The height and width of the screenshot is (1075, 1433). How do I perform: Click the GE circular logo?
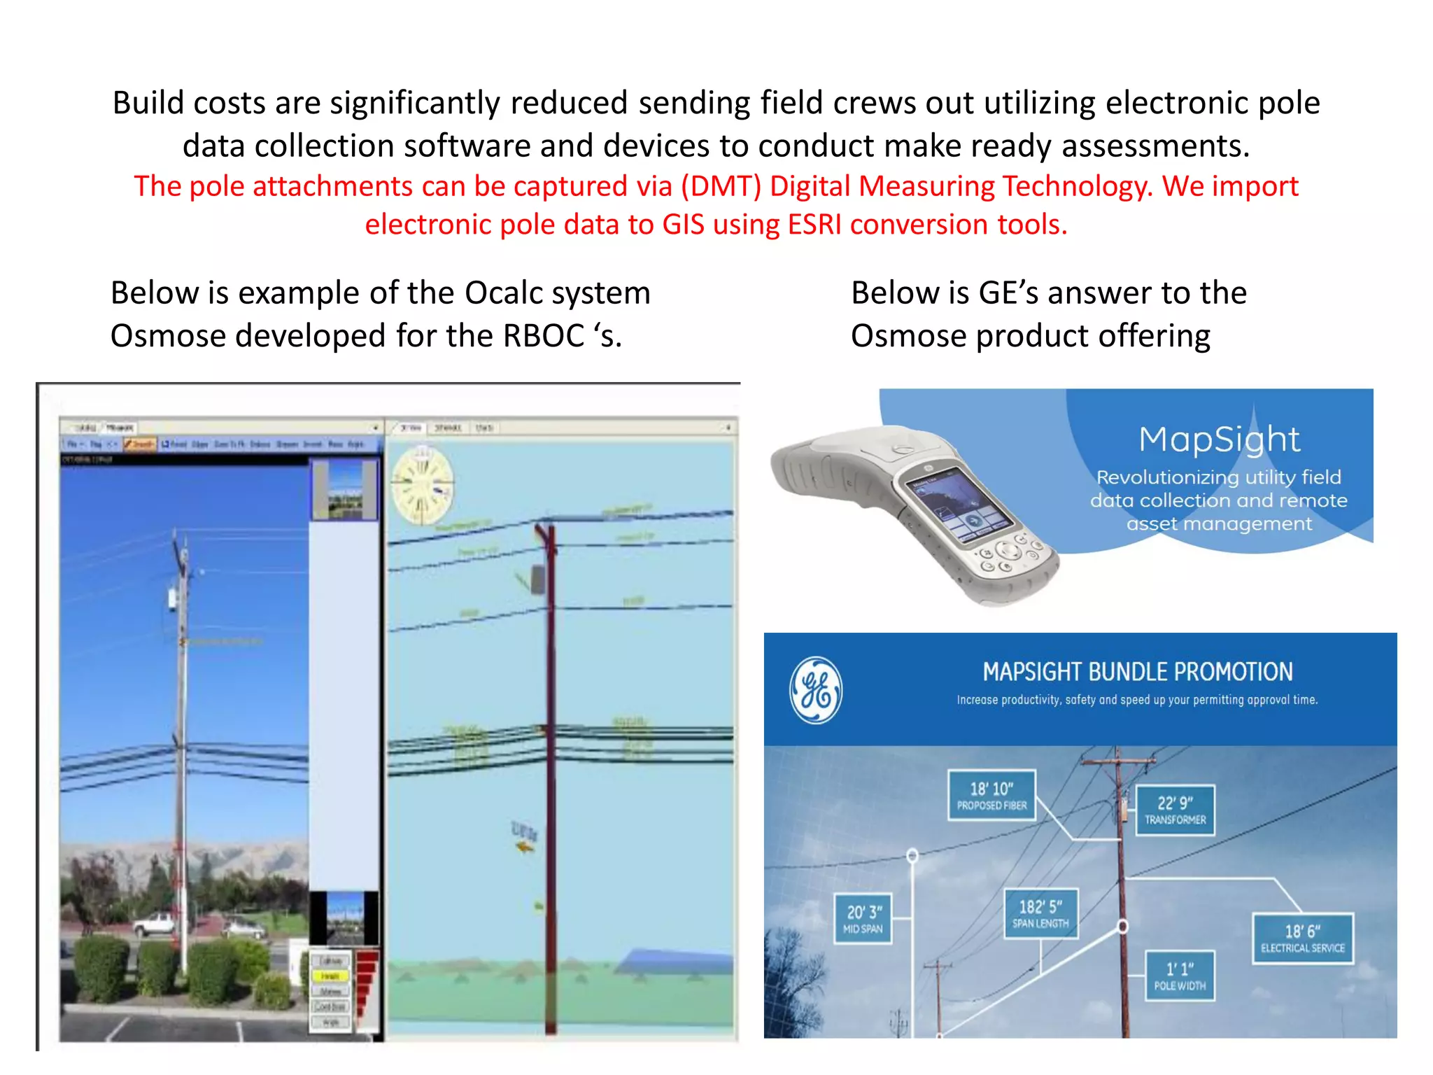816,690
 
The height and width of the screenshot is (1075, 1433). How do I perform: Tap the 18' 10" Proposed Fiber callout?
991,795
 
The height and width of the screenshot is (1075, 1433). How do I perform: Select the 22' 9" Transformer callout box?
1175,810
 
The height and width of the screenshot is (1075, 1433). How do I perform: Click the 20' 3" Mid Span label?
863,919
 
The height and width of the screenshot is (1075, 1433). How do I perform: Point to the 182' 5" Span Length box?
1040,914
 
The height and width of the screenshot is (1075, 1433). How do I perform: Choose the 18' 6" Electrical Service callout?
1303,939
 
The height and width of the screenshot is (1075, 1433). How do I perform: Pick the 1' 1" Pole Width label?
1180,976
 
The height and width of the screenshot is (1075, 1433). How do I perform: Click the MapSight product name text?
1219,440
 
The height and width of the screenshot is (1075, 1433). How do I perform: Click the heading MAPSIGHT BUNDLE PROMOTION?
1137,672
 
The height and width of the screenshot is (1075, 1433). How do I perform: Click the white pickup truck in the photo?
155,924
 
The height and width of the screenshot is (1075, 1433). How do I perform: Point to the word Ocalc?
504,293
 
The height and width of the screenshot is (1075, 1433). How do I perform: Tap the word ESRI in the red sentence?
815,225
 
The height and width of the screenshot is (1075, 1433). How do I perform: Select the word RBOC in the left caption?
544,336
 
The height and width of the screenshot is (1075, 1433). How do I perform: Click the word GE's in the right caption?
1009,293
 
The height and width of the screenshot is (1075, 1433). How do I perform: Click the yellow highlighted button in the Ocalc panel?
330,976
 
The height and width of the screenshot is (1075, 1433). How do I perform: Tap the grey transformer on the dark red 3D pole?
538,579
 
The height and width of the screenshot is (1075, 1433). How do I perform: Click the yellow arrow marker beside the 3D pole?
524,848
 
